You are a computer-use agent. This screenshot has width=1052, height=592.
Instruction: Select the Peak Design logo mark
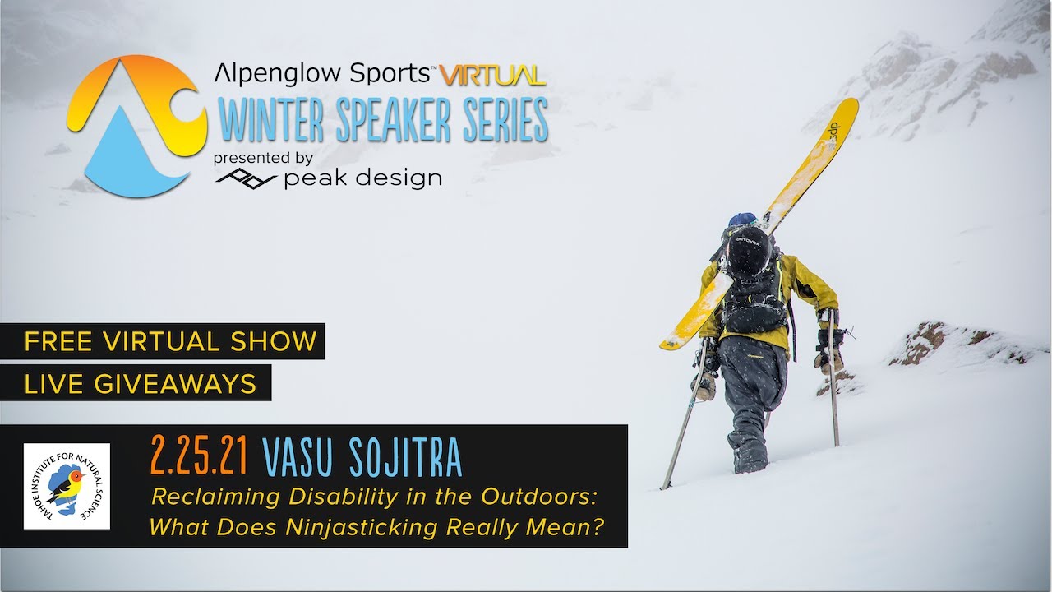pyautogui.click(x=246, y=178)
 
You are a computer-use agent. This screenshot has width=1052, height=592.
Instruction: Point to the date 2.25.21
pyautogui.click(x=199, y=458)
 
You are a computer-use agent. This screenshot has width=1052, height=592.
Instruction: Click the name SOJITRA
pyautogui.click(x=404, y=458)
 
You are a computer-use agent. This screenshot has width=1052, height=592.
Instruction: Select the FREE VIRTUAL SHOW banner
pyautogui.click(x=170, y=341)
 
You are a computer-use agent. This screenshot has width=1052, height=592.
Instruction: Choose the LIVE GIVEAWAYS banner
pyautogui.click(x=141, y=383)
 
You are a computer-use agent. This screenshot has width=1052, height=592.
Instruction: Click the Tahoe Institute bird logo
pyautogui.click(x=67, y=486)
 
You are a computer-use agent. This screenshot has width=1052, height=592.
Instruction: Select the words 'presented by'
pyautogui.click(x=262, y=158)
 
